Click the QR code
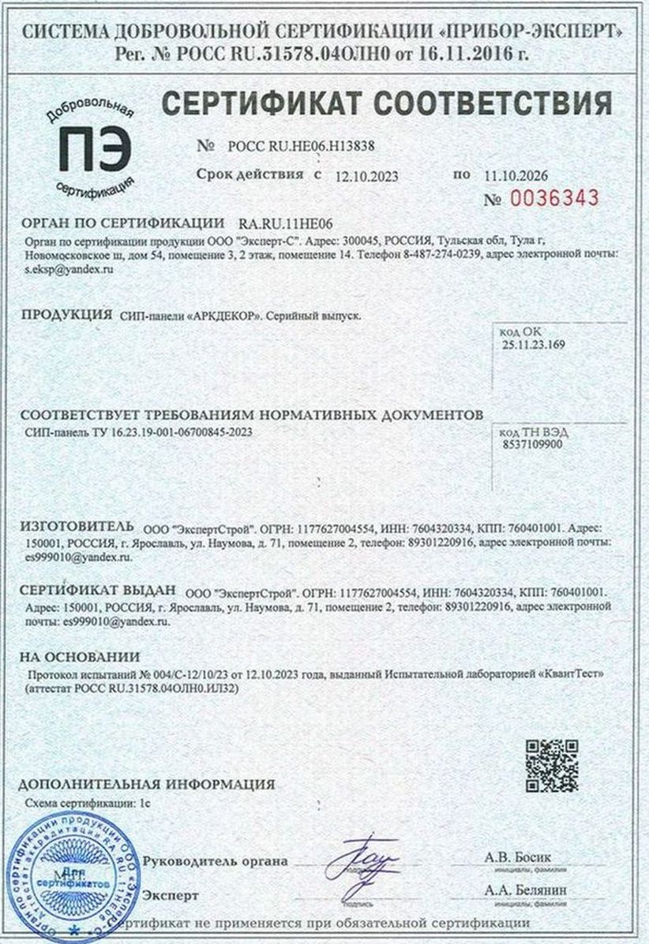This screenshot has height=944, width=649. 552,766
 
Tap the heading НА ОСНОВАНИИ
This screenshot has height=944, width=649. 80,656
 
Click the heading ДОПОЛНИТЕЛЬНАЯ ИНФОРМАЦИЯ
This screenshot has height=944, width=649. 147,785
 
